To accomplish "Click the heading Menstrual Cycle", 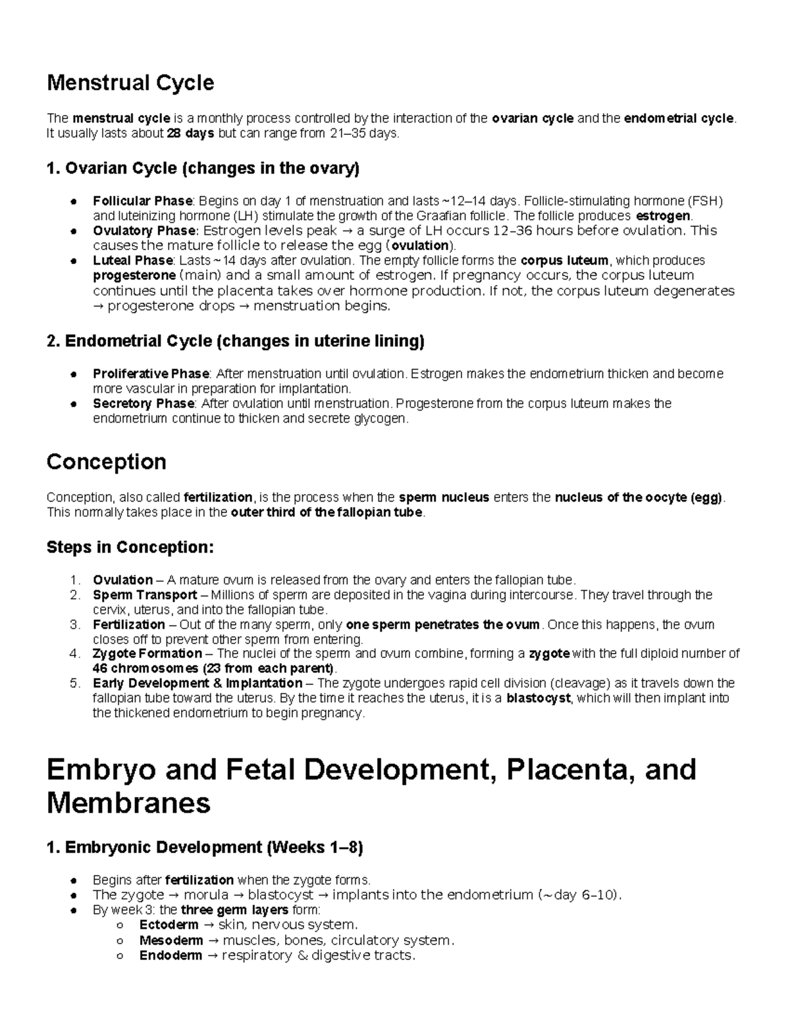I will coord(130,83).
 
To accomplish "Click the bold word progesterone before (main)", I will coord(134,275).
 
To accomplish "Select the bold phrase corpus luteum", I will coord(565,261).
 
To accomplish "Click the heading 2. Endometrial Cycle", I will coord(235,341).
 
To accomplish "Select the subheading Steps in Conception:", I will coord(130,548).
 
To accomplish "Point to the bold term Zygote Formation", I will coord(147,653).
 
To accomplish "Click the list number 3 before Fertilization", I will coord(75,625).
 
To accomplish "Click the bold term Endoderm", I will coord(171,956).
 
